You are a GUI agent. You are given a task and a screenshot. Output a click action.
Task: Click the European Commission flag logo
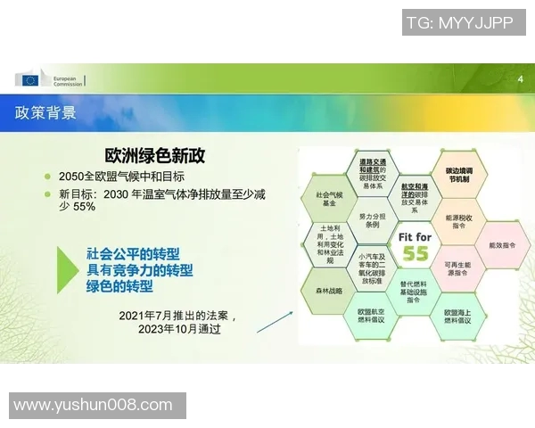(30, 80)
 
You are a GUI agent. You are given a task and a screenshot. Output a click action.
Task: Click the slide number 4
(520, 80)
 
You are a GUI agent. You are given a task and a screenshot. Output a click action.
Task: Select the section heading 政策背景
(45, 113)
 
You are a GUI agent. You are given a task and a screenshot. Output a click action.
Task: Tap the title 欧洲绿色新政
(155, 155)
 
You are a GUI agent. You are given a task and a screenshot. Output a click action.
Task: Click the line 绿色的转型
(119, 287)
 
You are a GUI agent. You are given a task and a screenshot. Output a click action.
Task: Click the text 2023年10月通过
(179, 329)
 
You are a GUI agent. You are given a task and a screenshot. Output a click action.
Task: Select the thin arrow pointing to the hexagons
(275, 321)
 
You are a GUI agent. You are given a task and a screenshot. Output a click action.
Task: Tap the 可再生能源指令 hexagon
(458, 268)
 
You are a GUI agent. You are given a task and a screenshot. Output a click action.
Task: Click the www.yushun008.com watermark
(93, 406)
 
